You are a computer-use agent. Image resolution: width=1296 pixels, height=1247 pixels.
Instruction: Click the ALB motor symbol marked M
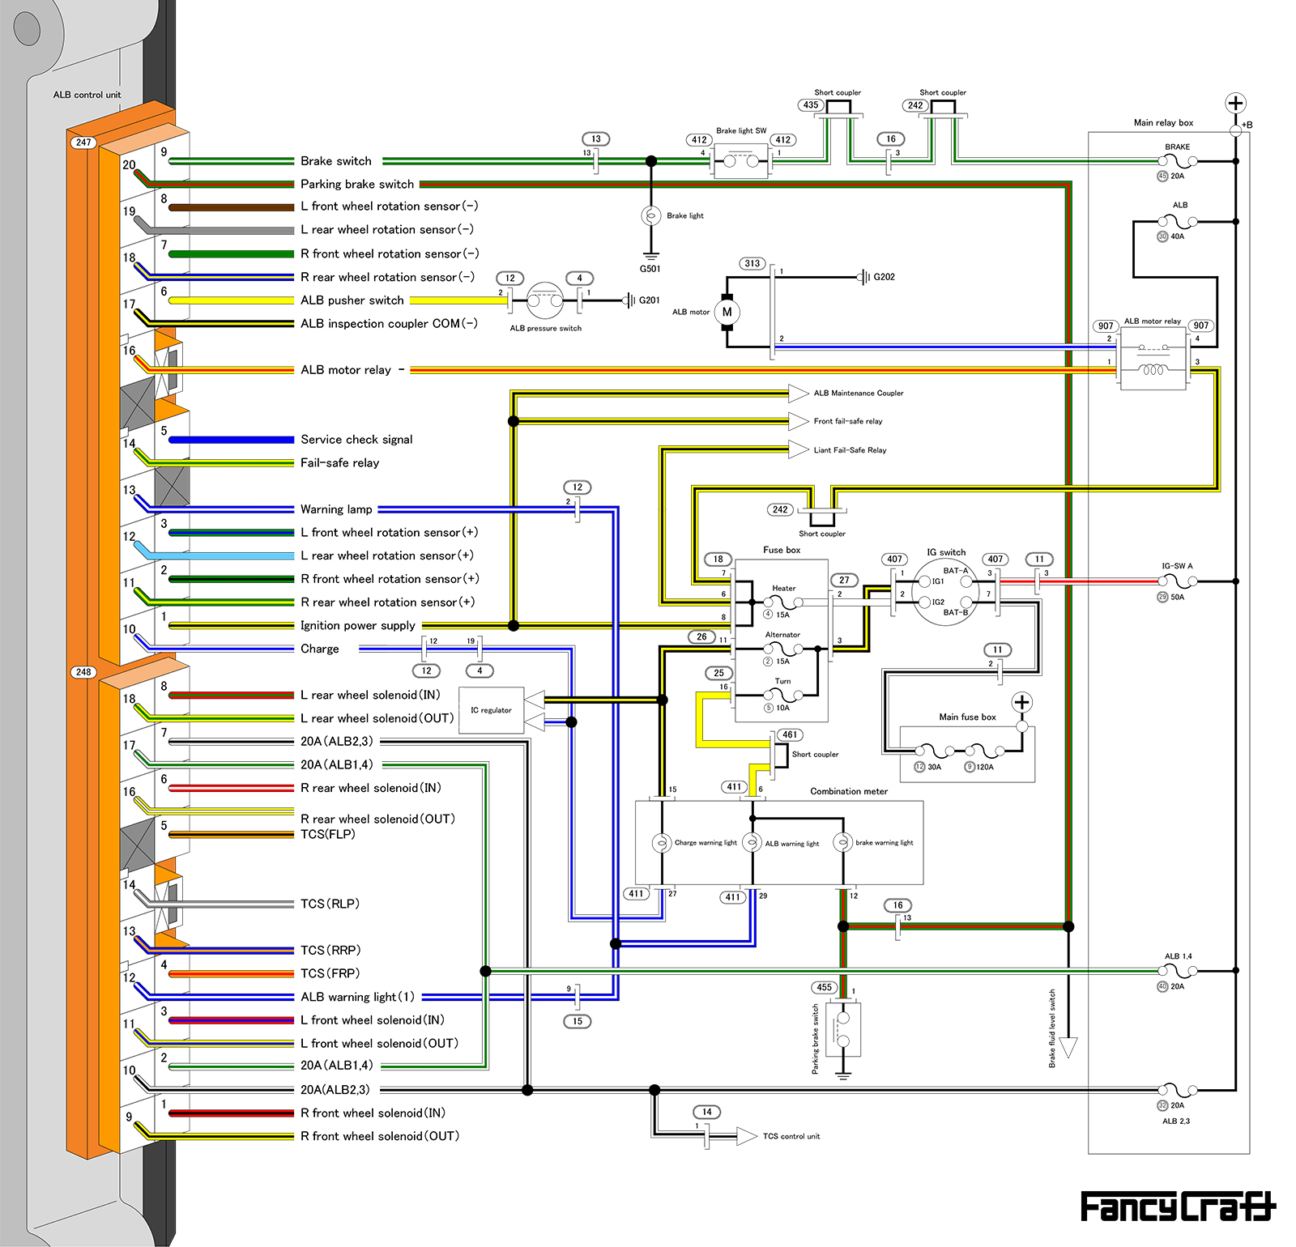tap(727, 312)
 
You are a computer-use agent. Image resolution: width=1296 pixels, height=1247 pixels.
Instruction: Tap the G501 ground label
tap(650, 269)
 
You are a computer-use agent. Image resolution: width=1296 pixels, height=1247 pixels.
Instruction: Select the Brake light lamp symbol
tap(650, 215)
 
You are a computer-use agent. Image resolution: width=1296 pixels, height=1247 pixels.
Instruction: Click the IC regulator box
tap(491, 710)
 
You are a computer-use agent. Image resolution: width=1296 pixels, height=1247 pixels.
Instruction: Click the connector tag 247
tap(83, 143)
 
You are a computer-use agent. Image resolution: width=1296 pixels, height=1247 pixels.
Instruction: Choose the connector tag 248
tap(83, 672)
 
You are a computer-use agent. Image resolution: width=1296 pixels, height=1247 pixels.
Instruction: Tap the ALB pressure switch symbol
tap(545, 301)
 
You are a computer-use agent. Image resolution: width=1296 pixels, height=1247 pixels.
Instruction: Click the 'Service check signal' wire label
tap(356, 440)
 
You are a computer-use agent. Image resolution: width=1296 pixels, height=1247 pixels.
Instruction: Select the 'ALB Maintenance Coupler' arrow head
tap(799, 394)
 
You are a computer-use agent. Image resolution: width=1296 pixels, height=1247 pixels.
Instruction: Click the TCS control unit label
tap(791, 1136)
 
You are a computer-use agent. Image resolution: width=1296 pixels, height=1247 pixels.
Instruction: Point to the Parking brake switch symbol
tap(843, 1029)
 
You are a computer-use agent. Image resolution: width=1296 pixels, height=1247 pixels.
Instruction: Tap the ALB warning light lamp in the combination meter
tap(752, 842)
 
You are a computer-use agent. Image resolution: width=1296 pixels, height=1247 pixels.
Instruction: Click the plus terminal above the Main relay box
tap(1235, 103)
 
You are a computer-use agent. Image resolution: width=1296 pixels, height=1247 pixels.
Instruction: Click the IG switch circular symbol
tap(945, 592)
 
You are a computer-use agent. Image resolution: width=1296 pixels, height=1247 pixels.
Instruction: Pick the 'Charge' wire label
tap(320, 649)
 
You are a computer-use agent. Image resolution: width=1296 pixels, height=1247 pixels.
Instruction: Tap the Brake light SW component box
tap(741, 161)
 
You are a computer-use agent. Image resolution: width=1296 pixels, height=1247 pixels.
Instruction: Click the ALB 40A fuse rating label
tap(1176, 236)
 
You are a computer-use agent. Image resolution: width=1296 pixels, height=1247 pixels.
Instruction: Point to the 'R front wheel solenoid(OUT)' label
tap(380, 1136)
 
